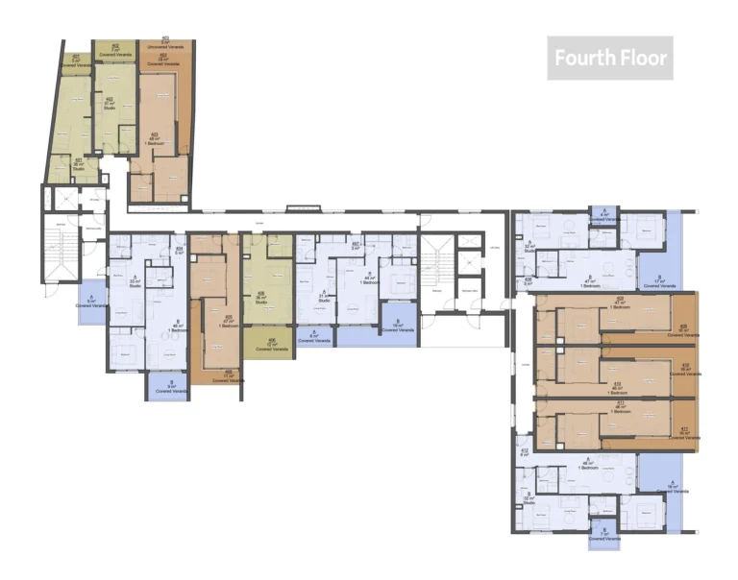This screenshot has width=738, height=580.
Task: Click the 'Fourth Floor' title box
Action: tap(609, 59)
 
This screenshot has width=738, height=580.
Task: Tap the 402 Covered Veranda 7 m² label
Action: tap(115, 50)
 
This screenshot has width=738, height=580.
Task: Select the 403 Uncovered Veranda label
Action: tap(165, 42)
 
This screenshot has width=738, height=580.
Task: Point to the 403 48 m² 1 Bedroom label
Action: tap(155, 140)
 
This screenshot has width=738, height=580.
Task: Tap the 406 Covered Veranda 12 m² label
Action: tap(272, 342)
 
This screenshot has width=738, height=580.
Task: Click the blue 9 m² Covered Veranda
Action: tap(167, 387)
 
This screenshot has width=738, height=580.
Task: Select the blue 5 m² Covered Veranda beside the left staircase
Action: tap(91, 302)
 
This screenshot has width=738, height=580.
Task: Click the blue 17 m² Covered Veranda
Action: tap(658, 282)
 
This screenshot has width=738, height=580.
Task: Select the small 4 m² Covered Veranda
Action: tap(603, 216)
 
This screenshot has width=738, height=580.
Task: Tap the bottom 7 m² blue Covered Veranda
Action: tap(603, 535)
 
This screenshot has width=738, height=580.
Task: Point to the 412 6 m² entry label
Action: tap(524, 452)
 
